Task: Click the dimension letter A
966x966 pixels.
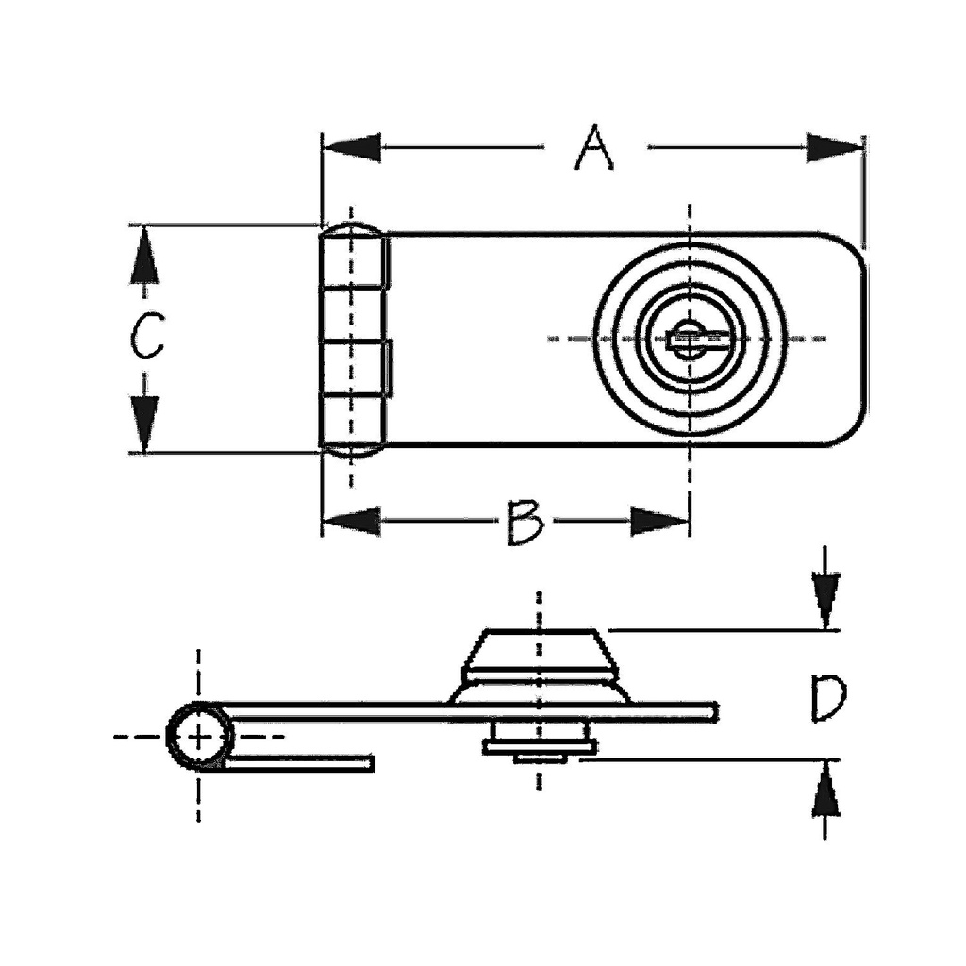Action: tap(594, 147)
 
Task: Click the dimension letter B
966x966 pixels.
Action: tap(525, 523)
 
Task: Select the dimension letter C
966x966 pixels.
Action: tap(146, 336)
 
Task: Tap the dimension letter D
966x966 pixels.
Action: tap(828, 698)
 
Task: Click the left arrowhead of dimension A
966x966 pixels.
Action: tap(352, 148)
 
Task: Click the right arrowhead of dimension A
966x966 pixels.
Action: tap(834, 148)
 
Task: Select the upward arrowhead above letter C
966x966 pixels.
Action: tap(144, 256)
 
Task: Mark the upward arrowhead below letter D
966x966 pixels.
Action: tap(825, 791)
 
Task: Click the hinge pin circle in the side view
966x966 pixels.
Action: tap(200, 736)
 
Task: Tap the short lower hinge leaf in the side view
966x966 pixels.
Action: tap(299, 763)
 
